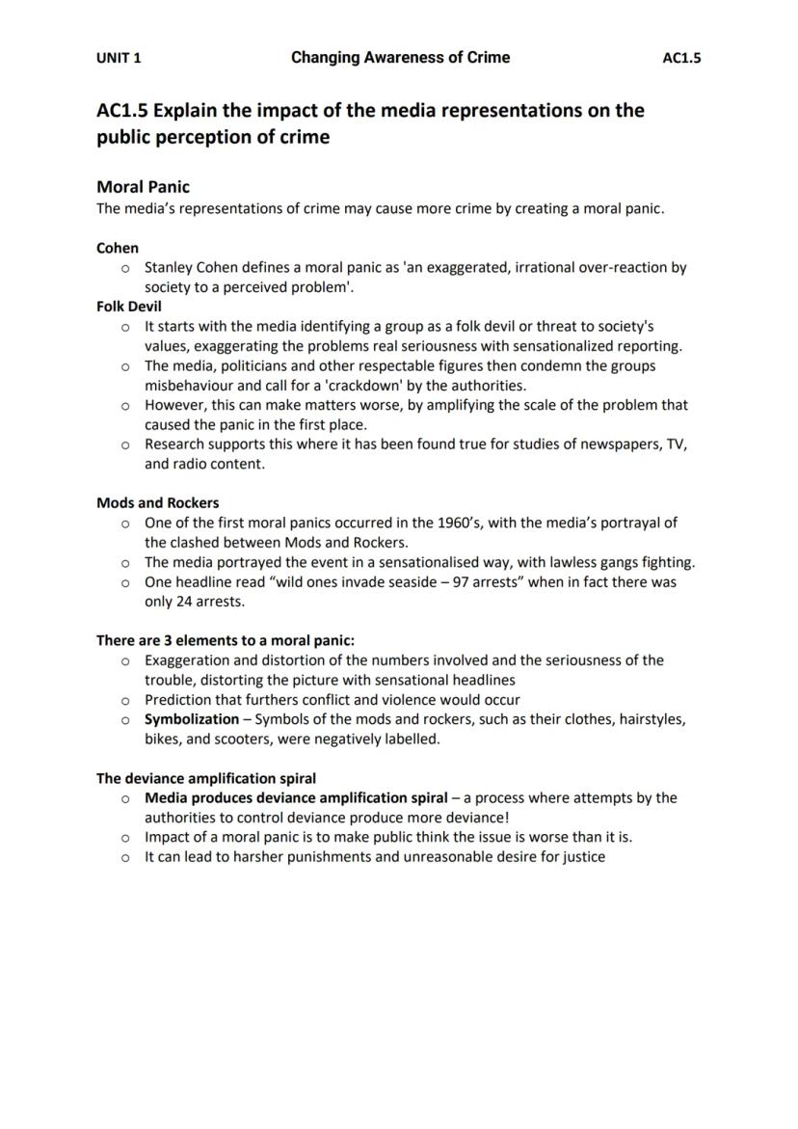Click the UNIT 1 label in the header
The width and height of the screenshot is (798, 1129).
(119, 58)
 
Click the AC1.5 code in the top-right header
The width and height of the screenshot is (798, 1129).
(681, 58)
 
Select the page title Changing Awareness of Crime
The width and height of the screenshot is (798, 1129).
(400, 58)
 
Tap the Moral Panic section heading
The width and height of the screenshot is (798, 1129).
(143, 187)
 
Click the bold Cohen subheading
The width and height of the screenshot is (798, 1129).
(118, 248)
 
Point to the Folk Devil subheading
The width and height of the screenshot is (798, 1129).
(129, 307)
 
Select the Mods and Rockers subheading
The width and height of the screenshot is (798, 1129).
(157, 503)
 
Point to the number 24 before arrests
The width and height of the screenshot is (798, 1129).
(184, 602)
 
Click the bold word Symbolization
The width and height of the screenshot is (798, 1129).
(192, 719)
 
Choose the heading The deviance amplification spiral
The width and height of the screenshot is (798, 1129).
(206, 778)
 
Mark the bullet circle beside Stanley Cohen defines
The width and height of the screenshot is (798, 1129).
(125, 268)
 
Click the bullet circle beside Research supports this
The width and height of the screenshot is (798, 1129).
(125, 444)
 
